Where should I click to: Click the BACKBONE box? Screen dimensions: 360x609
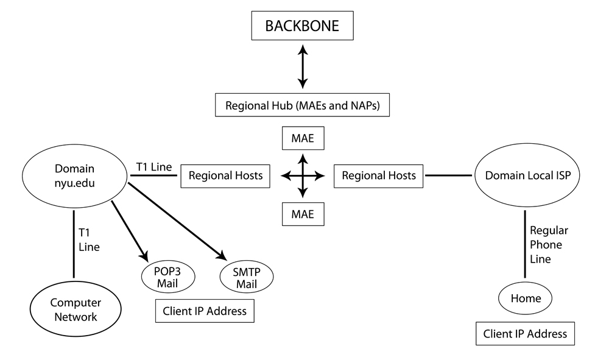point(303,27)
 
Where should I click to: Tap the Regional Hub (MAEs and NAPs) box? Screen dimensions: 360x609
point(303,105)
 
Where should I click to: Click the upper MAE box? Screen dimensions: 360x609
point(303,138)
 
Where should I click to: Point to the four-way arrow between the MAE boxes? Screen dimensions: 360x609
point(303,175)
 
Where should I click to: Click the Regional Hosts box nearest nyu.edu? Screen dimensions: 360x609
point(225,175)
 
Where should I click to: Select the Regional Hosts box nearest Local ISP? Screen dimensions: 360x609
point(378,175)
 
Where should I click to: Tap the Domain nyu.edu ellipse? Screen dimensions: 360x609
point(74,175)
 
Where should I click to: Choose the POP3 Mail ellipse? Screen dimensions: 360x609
point(168,277)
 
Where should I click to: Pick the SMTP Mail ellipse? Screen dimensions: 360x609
point(247,277)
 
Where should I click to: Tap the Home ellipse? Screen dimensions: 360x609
point(524,298)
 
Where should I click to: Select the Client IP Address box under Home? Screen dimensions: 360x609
point(524,333)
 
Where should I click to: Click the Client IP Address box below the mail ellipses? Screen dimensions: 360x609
point(204,311)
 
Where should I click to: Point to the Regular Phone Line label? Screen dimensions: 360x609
point(549,245)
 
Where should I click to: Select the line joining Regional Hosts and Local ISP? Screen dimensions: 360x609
point(448,175)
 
